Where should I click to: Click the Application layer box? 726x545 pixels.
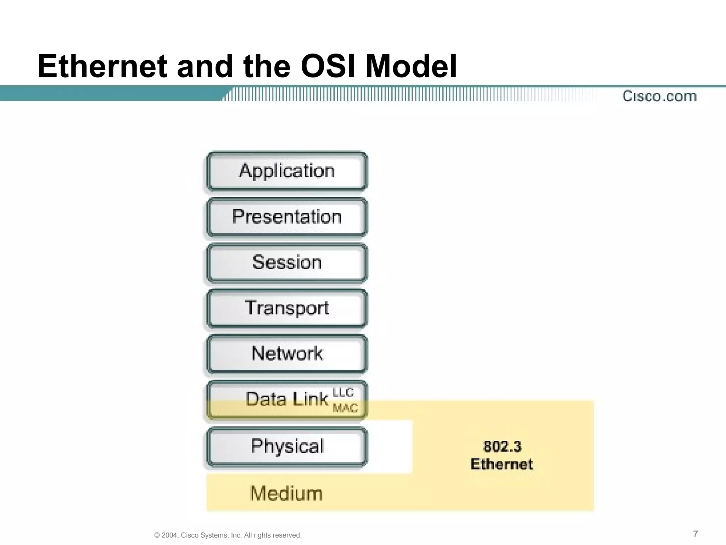287,171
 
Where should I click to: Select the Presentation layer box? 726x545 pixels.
287,217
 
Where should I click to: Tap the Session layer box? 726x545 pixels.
287,263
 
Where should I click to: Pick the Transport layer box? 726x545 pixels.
287,308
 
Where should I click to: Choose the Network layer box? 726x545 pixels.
287,354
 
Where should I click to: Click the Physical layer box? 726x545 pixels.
287,446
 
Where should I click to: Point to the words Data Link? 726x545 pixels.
286,399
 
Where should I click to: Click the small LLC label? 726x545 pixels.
343,392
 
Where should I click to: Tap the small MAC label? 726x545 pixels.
345,408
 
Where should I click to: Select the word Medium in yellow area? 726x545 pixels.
286,494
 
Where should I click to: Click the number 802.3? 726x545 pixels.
502,447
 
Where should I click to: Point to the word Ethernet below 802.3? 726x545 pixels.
502,464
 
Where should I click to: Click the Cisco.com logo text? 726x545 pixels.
659,96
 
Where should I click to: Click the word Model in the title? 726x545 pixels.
411,66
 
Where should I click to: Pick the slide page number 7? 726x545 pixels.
695,534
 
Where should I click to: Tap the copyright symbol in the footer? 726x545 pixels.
157,535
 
